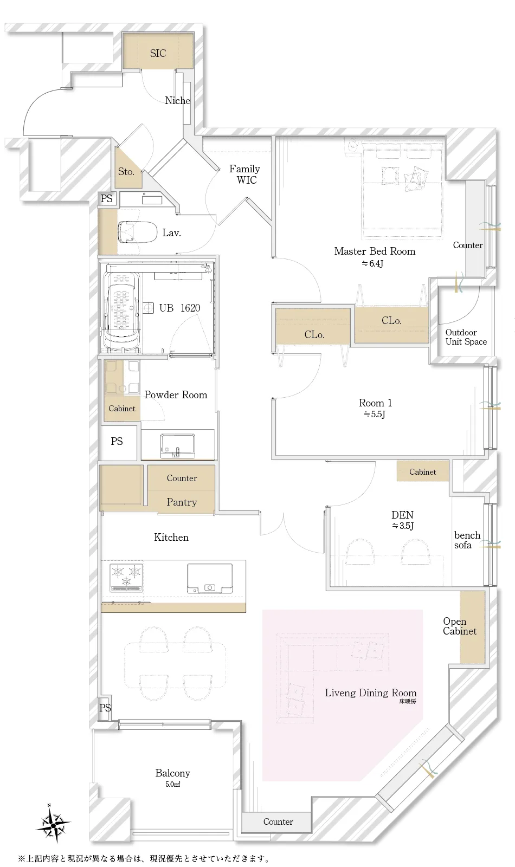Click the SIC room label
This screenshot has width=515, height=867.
(158, 54)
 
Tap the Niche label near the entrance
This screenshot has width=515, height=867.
(177, 101)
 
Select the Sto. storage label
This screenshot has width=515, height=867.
(126, 171)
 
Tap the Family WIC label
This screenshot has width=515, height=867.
(244, 174)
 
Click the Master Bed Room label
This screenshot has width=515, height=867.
(375, 251)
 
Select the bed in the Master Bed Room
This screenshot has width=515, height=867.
(402, 190)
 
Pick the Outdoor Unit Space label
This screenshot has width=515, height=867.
(466, 337)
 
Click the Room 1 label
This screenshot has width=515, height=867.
(375, 403)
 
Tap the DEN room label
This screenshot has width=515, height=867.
(402, 515)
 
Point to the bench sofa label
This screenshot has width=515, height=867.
(467, 540)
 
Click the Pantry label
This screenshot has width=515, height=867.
(182, 502)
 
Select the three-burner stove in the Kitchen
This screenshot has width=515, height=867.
(126, 578)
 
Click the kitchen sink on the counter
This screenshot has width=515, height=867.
(210, 579)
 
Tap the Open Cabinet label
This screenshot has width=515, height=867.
(460, 626)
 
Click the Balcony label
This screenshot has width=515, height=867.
(173, 773)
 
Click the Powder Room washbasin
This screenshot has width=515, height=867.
(178, 446)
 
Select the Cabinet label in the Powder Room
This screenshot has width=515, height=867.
(121, 409)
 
